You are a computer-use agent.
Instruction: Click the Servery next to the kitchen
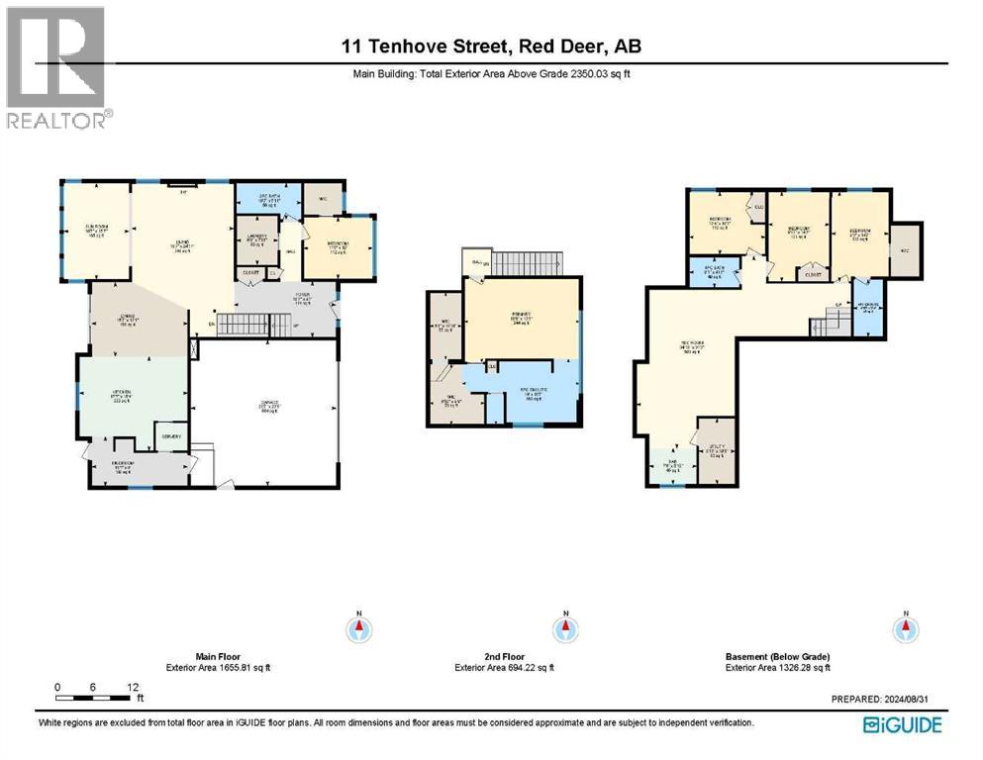(x=171, y=435)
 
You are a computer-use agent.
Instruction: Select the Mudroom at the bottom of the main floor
(x=122, y=469)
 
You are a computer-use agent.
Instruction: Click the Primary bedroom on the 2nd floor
(x=522, y=321)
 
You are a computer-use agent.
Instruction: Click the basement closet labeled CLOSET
(x=813, y=274)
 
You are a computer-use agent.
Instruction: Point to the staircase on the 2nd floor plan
(x=526, y=263)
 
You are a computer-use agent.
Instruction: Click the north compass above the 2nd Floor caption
(x=563, y=629)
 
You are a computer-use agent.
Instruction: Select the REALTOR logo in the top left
(x=55, y=67)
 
